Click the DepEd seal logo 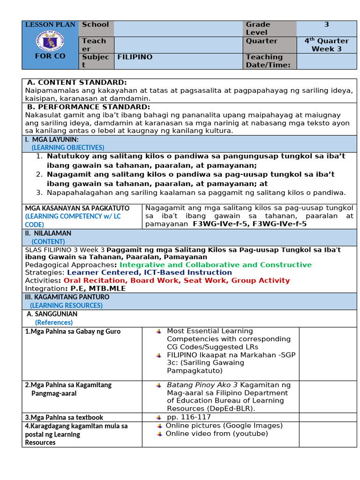click(50, 41)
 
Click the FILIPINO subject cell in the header click(135, 57)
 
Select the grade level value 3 click(326, 24)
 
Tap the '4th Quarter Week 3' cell click(326, 45)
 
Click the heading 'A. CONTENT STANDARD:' click(77, 82)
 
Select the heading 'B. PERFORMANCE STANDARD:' click(89, 107)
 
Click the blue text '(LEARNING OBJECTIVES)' click(61, 147)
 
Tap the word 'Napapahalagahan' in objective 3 click(76, 192)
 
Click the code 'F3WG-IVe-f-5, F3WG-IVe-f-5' click(250, 224)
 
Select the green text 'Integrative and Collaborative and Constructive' click(216, 265)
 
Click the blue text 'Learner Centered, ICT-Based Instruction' click(149, 272)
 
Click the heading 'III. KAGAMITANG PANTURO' click(67, 297)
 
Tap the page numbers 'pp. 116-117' click(189, 417)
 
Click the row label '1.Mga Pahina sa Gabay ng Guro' click(73, 331)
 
